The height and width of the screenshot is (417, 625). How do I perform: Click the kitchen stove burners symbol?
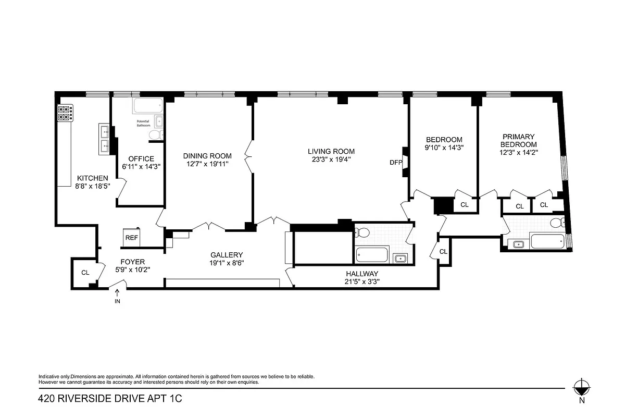click(x=65, y=113)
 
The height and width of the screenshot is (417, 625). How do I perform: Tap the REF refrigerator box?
click(x=131, y=238)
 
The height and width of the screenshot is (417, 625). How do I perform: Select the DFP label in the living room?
click(x=396, y=162)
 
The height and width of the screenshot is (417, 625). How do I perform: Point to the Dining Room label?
click(x=207, y=156)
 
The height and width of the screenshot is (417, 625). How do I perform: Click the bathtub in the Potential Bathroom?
click(x=148, y=107)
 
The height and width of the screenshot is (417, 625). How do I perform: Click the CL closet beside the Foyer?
click(x=85, y=272)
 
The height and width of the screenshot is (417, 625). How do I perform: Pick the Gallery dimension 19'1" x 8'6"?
click(x=227, y=263)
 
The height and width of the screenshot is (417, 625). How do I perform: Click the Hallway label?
click(x=362, y=274)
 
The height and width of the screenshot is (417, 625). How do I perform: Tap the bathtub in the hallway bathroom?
click(x=372, y=256)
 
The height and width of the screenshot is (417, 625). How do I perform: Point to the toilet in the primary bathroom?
click(x=557, y=224)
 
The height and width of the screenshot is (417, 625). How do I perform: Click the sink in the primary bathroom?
click(x=518, y=244)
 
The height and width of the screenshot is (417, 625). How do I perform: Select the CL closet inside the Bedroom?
click(x=464, y=205)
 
